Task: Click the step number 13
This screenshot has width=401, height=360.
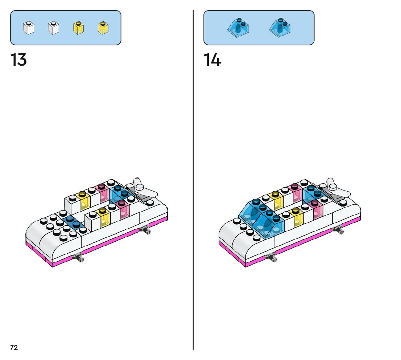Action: click(x=18, y=60)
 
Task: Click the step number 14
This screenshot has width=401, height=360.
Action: click(x=212, y=60)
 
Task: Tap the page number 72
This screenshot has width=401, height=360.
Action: click(x=14, y=348)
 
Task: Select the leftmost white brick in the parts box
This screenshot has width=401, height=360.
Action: click(x=29, y=28)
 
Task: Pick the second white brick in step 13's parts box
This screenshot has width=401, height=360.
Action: click(x=53, y=28)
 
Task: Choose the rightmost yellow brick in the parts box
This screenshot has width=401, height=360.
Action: click(x=103, y=28)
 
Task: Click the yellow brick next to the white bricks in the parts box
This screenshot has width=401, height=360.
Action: click(x=78, y=28)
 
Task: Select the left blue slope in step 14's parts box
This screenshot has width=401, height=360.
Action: click(x=238, y=28)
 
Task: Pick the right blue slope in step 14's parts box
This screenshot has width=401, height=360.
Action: click(x=280, y=28)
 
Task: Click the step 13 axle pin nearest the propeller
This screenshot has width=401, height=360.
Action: click(x=145, y=229)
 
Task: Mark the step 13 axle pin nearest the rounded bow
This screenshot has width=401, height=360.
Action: click(x=78, y=258)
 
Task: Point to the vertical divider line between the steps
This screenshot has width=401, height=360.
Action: click(x=193, y=181)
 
